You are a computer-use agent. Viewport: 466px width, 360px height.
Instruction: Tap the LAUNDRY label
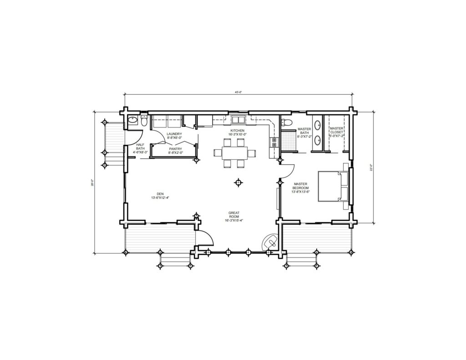pyautogui.click(x=175, y=135)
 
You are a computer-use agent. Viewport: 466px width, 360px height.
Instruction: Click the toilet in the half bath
pyautogui.click(x=143, y=122)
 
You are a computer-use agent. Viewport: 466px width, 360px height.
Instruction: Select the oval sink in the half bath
pyautogui.click(x=132, y=121)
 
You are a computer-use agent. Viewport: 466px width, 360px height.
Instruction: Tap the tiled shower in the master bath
pyautogui.click(x=288, y=141)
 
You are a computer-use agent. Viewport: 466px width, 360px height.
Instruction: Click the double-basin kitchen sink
pyautogui.click(x=237, y=120)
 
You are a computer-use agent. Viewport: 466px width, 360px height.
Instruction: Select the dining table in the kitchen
pyautogui.click(x=235, y=153)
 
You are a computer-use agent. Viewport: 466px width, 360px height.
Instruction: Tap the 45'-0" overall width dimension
pyautogui.click(x=238, y=92)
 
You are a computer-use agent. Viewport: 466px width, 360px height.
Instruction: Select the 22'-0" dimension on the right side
pyautogui.click(x=372, y=167)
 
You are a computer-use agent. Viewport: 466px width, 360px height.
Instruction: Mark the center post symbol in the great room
pyautogui.click(x=238, y=183)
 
